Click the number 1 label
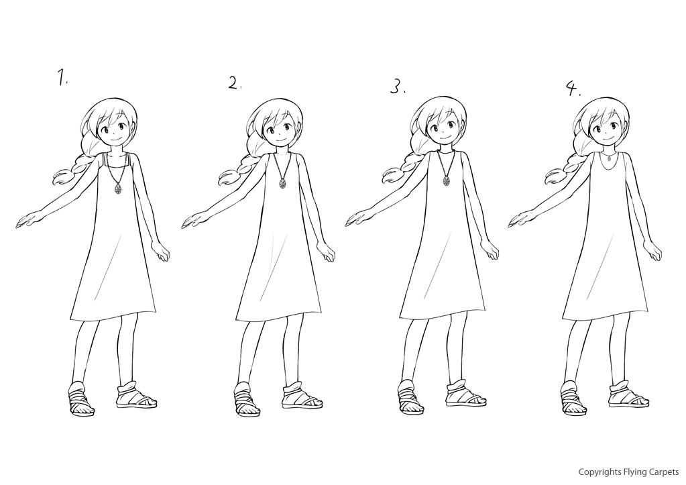click(62, 76)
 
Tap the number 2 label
click(235, 83)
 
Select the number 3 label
click(397, 87)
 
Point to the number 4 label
click(573, 89)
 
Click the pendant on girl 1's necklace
click(118, 188)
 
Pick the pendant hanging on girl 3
click(446, 181)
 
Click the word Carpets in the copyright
click(664, 472)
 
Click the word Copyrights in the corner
click(599, 472)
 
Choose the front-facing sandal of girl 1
click(80, 398)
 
